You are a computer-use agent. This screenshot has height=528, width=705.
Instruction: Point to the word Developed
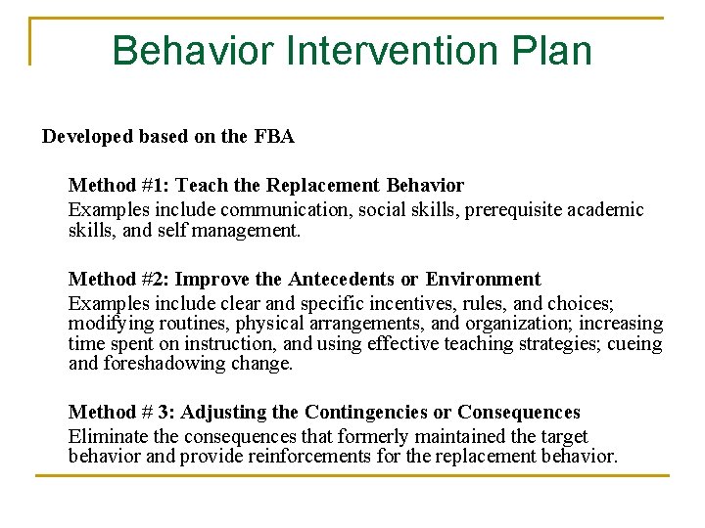[x=86, y=137]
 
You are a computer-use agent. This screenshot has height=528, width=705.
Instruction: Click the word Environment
[x=485, y=280]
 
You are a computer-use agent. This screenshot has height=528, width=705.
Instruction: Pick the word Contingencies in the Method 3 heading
[x=367, y=413]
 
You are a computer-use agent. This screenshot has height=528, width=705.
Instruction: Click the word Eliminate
[x=107, y=436]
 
